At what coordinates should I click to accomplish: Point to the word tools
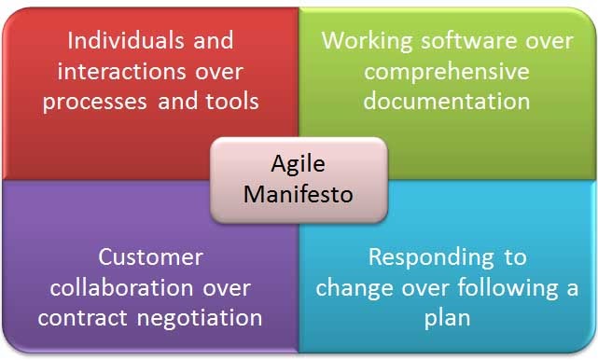(229, 101)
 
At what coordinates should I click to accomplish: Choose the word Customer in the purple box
(151, 257)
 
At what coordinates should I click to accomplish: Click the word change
(355, 287)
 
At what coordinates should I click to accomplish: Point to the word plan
(447, 317)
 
